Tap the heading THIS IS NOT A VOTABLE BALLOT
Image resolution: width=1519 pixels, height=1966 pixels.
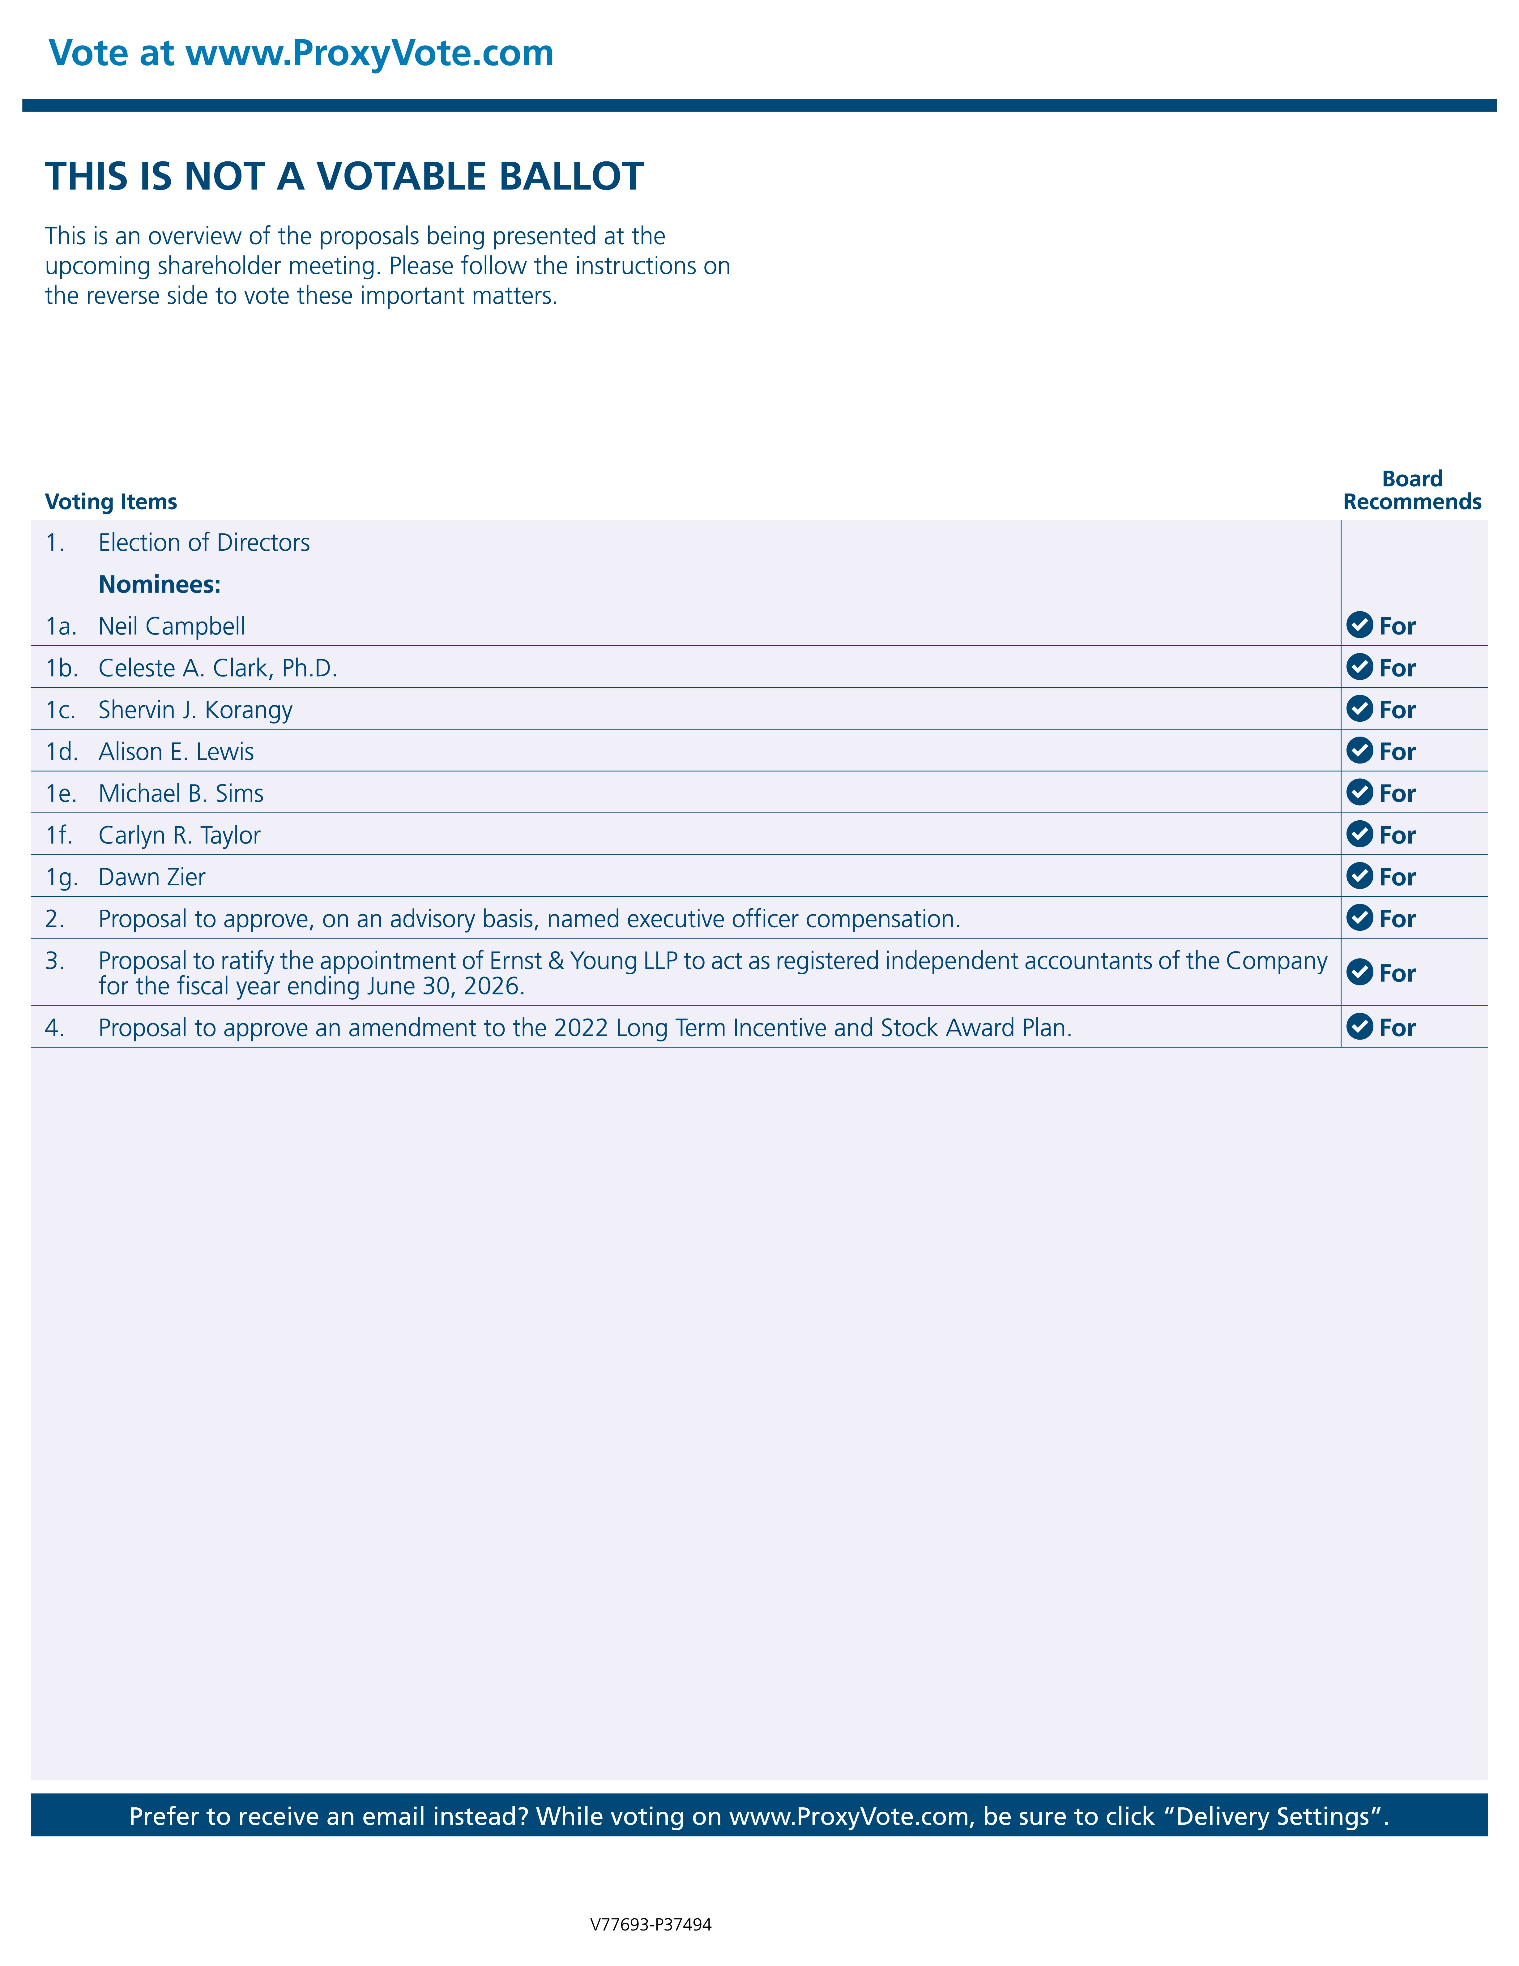click(x=344, y=177)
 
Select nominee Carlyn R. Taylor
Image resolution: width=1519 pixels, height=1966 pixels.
click(x=179, y=836)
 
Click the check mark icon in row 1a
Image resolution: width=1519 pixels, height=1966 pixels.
click(x=1359, y=625)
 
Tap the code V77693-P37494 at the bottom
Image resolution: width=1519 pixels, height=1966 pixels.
click(x=651, y=1925)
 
